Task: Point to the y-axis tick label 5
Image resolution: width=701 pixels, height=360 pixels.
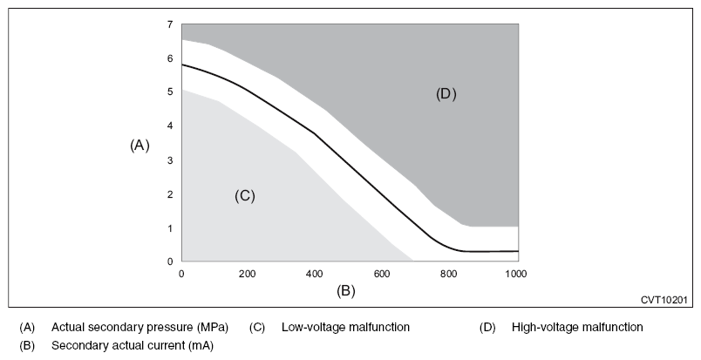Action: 171,92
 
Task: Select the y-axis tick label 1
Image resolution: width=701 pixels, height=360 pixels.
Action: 171,228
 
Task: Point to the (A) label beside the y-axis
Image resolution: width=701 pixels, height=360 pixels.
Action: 140,146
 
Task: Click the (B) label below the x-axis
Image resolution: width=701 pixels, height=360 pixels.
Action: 346,290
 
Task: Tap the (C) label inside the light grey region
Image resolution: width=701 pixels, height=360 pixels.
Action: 244,196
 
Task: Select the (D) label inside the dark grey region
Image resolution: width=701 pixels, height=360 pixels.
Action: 446,94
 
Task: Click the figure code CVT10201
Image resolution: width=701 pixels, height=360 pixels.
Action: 664,300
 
